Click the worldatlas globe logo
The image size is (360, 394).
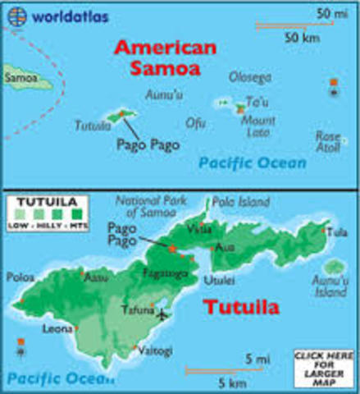click(16, 15)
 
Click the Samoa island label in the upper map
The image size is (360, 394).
click(20, 79)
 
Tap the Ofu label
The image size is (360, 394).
click(195, 124)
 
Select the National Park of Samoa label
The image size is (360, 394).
click(153, 207)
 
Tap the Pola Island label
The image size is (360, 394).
click(235, 200)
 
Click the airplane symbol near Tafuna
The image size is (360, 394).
click(162, 314)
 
